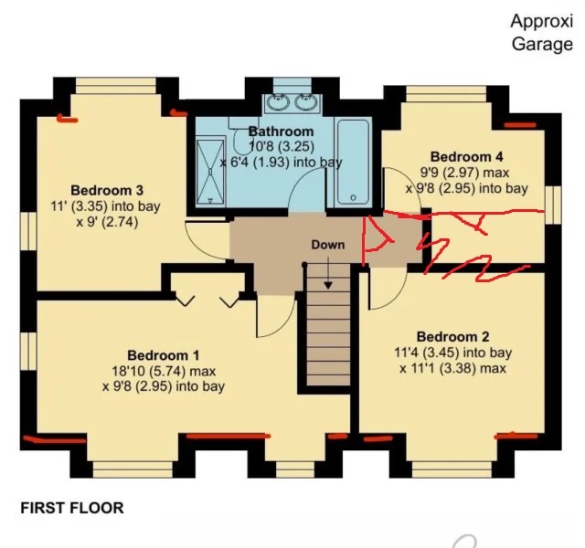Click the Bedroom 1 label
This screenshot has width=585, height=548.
tap(163, 354)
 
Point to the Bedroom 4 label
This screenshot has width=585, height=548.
tap(466, 156)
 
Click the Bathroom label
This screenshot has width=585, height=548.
tap(281, 132)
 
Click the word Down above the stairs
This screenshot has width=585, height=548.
tap(328, 245)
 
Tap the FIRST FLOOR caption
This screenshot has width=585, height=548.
tap(71, 508)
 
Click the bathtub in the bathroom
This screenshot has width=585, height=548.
tap(351, 162)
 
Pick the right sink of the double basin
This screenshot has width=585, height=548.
tap(306, 100)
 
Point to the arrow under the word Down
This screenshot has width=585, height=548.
tap(328, 265)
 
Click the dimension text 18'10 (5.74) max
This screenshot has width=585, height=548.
tap(163, 371)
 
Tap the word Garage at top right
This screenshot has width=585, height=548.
tap(541, 44)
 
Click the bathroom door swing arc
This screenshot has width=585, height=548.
tap(305, 194)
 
